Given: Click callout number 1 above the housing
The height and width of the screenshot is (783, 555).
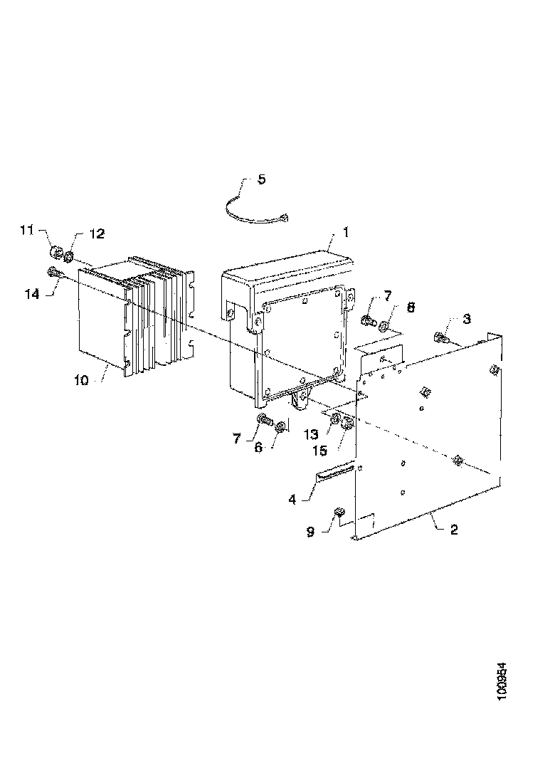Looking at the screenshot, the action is tap(345, 232).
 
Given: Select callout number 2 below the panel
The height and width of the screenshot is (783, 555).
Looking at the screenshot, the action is tap(454, 530).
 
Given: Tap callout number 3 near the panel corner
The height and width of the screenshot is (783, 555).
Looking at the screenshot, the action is tap(467, 319).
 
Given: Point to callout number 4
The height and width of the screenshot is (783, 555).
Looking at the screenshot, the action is tap(292, 499).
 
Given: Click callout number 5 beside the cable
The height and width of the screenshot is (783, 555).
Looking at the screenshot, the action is tap(262, 179).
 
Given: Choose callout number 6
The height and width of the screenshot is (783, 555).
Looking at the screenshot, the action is tap(258, 448).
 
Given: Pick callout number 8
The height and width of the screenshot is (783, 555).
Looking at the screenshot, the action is tap(411, 307).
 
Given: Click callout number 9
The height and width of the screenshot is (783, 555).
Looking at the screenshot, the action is tap(310, 532).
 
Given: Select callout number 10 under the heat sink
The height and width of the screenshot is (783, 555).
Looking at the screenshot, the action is tap(81, 381).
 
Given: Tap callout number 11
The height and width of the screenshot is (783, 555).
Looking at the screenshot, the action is tap(26, 230).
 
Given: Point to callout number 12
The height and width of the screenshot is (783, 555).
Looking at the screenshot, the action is tap(97, 233).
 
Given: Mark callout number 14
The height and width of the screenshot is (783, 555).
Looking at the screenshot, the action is tap(32, 294).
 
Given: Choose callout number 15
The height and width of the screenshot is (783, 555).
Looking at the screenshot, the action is tap(320, 451).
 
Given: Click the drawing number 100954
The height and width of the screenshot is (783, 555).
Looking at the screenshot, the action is tap(502, 681).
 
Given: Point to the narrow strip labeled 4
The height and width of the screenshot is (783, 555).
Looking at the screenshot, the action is tap(334, 473).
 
